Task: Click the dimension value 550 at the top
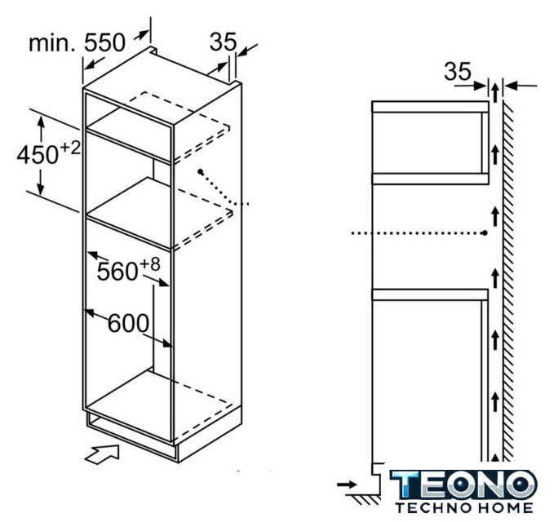(x=104, y=42)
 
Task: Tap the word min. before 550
(x=52, y=43)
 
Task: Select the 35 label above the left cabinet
(x=223, y=42)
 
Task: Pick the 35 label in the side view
(x=458, y=71)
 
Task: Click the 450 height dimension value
(x=38, y=155)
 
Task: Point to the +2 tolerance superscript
(x=70, y=148)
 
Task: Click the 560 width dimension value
(x=117, y=272)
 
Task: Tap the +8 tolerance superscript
(x=150, y=264)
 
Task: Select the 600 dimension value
(x=128, y=323)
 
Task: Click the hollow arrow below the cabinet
(x=102, y=453)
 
